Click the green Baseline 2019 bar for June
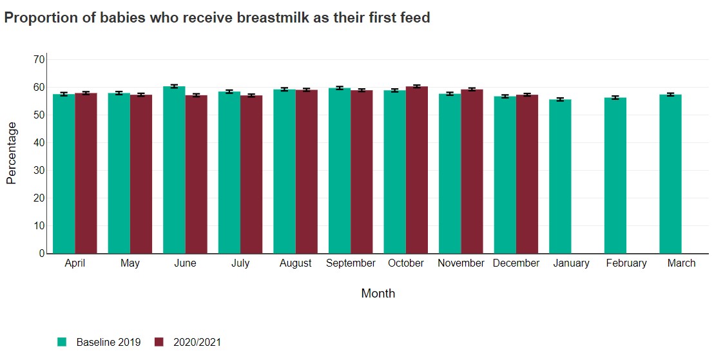174,170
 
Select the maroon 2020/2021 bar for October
417,170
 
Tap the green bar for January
560,176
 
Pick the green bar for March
670,174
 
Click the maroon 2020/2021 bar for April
86,173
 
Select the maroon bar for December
527,174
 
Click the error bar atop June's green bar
174,86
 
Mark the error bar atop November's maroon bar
472,90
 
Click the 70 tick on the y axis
39,59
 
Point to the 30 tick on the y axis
39,171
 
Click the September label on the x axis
351,263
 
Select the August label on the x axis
296,263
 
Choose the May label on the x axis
130,263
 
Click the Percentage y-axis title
12,153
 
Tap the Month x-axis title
378,294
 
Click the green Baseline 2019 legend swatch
62,343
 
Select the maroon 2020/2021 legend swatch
159,343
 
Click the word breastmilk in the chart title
273,18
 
